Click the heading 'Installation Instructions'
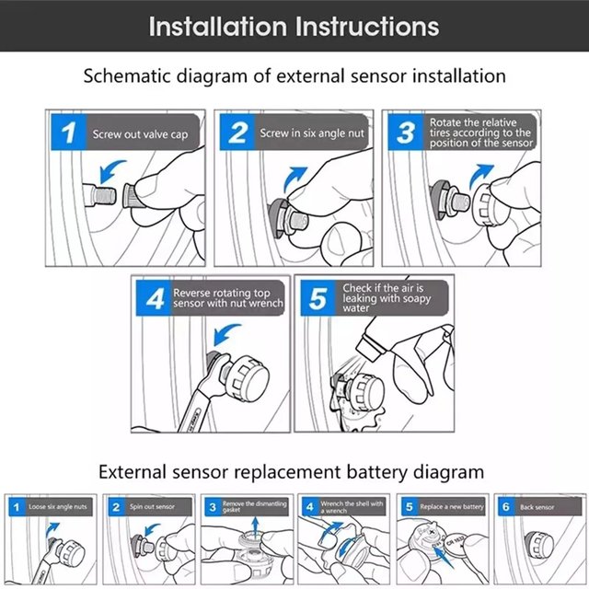[294, 26]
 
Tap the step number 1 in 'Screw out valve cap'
[68, 133]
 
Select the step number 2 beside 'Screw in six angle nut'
[238, 133]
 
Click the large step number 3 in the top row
[406, 133]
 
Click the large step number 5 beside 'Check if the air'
[318, 298]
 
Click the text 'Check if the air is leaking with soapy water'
[382, 297]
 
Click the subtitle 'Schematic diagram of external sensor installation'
[294, 76]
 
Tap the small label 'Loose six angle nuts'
[58, 507]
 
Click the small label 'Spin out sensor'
[149, 507]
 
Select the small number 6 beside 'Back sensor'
[504, 507]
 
